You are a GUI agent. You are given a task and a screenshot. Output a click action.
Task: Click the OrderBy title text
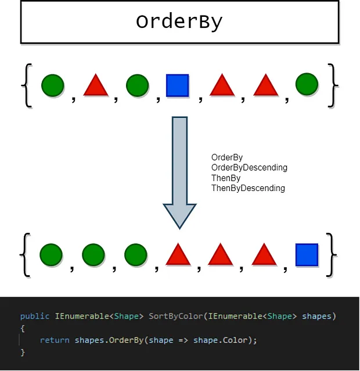pos(179,22)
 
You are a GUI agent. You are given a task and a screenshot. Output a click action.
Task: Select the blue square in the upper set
pos(178,85)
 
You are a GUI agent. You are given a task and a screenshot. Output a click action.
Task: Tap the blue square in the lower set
pos(307,255)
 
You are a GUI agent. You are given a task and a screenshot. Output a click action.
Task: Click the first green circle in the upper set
pos(52,85)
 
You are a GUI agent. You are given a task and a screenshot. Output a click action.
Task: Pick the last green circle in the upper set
pos(307,84)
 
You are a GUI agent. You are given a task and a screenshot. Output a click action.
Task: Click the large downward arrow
pos(179,172)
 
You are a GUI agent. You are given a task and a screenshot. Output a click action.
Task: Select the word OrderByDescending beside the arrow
pos(249,168)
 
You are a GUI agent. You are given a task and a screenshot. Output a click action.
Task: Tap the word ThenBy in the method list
pos(226,178)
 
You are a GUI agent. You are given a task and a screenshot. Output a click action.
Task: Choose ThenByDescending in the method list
pos(248,188)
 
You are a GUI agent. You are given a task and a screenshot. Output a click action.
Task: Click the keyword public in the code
pos(35,316)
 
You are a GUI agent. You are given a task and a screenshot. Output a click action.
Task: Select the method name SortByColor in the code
pos(176,316)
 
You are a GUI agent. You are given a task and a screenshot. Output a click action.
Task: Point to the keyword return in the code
pos(55,340)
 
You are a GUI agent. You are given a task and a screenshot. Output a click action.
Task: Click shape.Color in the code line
pos(220,340)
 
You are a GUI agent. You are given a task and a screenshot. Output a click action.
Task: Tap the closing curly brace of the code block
pos(23,352)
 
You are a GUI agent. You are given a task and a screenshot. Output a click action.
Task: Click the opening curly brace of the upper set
pos(27,86)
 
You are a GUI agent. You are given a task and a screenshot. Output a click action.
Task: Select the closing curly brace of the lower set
pos(332,255)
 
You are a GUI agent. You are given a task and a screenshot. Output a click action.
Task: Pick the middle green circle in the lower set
pos(93,255)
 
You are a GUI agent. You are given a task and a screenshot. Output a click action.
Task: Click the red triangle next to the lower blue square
pos(264,254)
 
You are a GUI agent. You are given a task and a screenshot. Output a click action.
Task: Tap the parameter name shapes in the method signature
pos(316,316)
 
